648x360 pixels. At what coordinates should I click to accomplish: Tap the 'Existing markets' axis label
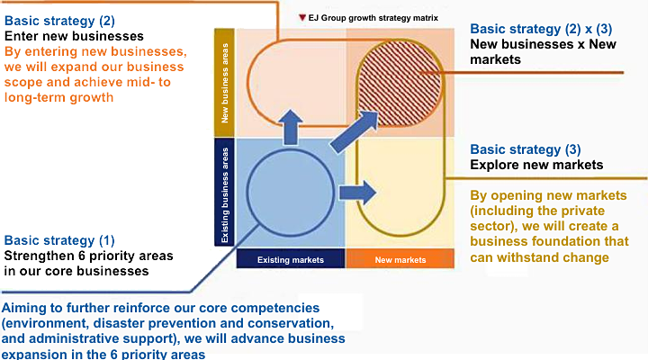[x=291, y=260]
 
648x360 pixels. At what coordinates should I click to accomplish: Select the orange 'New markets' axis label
[x=399, y=260]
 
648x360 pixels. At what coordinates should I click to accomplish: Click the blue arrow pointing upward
[x=292, y=127]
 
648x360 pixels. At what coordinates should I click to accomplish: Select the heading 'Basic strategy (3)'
[x=526, y=149]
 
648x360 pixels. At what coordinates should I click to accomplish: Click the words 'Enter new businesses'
[x=68, y=36]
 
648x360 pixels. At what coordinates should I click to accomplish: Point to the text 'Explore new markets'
[x=536, y=165]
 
